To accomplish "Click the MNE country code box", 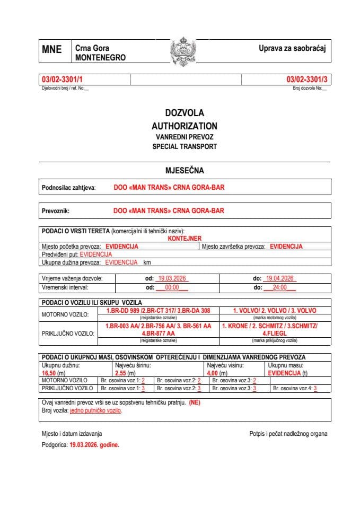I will click(52, 50).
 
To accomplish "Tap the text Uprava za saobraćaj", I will click(291, 48).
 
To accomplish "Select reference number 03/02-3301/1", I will click(62, 80).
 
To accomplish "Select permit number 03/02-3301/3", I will click(307, 80).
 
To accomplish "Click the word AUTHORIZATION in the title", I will click(184, 126).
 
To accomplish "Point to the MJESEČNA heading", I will click(185, 170).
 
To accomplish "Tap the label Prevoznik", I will click(56, 210).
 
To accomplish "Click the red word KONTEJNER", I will click(185, 239).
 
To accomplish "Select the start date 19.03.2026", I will click(171, 278).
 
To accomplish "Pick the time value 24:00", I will click(279, 287).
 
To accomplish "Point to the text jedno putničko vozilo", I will click(96, 410).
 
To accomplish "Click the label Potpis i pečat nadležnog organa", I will click(288, 434).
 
